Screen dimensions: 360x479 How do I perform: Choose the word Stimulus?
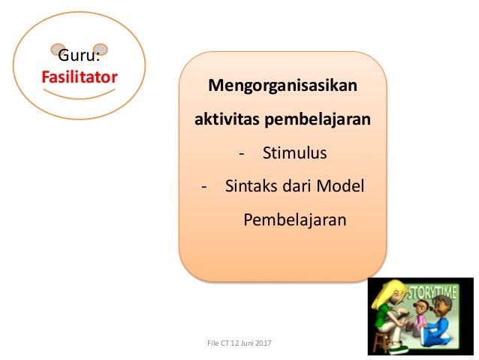point(295,153)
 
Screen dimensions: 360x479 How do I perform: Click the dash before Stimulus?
point(241,154)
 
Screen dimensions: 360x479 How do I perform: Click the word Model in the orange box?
point(340,186)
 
